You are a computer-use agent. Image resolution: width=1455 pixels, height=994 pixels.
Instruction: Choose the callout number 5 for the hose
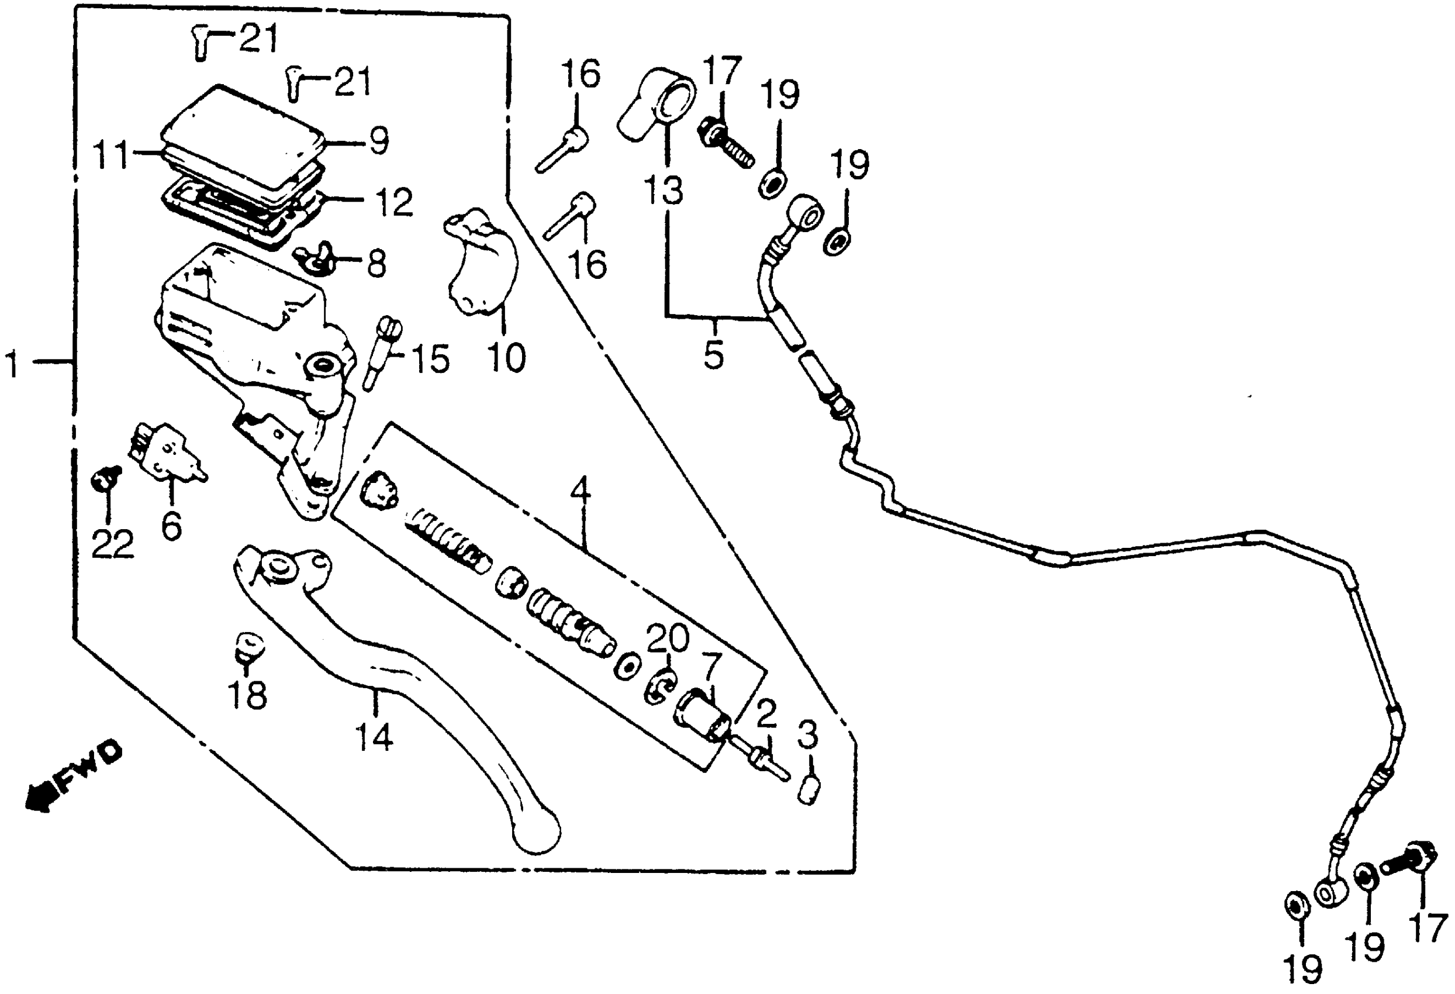coord(714,354)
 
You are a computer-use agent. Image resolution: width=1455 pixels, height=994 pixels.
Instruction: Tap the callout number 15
coord(430,359)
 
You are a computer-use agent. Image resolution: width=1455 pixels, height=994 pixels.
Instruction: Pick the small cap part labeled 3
coord(808,790)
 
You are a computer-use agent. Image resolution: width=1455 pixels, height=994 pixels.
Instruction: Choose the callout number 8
coord(376,264)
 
